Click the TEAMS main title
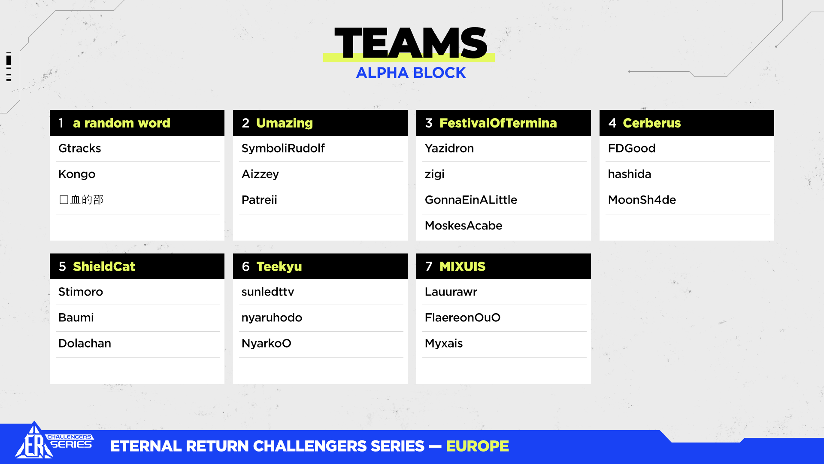pyautogui.click(x=411, y=43)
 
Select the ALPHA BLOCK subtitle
pyautogui.click(x=411, y=73)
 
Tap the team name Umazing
pyautogui.click(x=285, y=123)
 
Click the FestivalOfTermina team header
pyautogui.click(x=498, y=123)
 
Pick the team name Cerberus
pyautogui.click(x=651, y=123)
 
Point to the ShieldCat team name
pyautogui.click(x=104, y=266)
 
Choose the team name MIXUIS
pyautogui.click(x=462, y=266)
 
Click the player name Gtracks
pyautogui.click(x=79, y=148)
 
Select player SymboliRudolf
pyautogui.click(x=283, y=149)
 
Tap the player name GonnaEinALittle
pyautogui.click(x=471, y=200)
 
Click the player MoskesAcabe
pyautogui.click(x=463, y=226)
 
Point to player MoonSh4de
pyautogui.click(x=642, y=200)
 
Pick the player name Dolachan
pyautogui.click(x=85, y=343)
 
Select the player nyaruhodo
pyautogui.click(x=272, y=318)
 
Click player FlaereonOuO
pyautogui.click(x=462, y=317)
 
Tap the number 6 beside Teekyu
pyautogui.click(x=245, y=266)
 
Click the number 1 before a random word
pyautogui.click(x=61, y=123)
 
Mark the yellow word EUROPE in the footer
pyautogui.click(x=477, y=446)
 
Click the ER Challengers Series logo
pyautogui.click(x=54, y=441)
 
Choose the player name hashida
pyautogui.click(x=629, y=174)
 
